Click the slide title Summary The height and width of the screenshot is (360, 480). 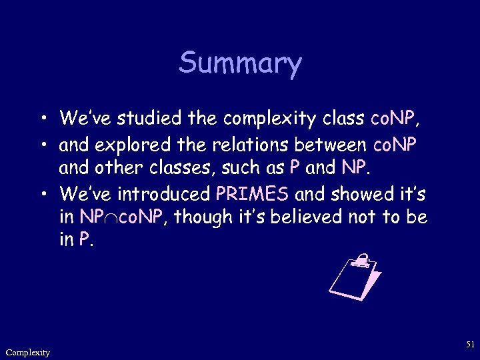(240, 64)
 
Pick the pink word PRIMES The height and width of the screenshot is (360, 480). (253, 194)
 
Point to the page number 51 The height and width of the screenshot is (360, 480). (470, 344)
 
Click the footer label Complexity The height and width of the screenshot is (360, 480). (27, 352)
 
